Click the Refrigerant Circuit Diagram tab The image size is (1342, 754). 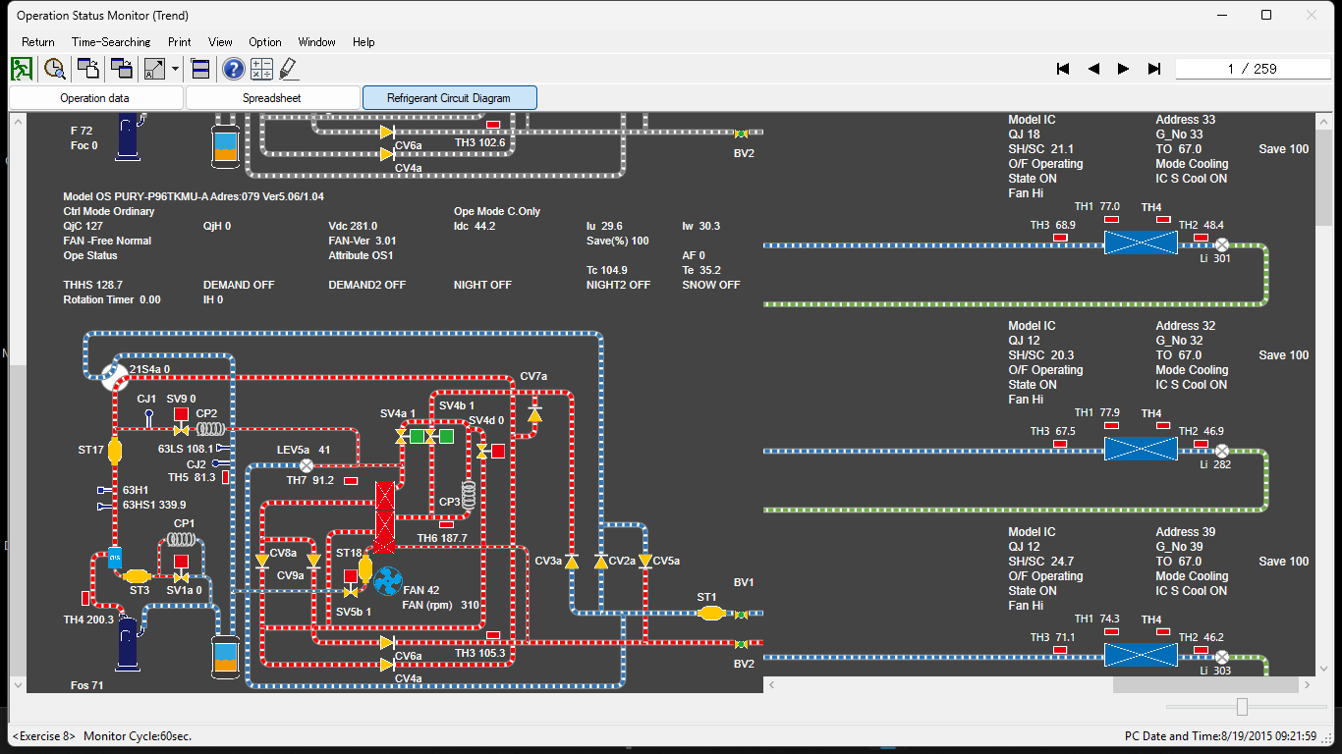(449, 98)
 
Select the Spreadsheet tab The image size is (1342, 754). (272, 98)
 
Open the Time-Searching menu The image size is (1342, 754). (111, 42)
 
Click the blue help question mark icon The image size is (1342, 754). (233, 69)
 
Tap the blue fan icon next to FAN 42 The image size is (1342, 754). (388, 581)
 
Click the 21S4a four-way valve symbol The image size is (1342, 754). (115, 376)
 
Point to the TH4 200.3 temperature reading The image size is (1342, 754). (87, 619)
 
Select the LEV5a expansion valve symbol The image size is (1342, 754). (306, 465)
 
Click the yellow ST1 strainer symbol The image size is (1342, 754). (710, 614)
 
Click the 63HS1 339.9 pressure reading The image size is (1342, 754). (153, 505)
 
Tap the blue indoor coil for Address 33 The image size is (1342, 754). (1140, 243)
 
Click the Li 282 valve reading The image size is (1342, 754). (1214, 464)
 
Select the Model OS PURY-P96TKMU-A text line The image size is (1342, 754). (193, 196)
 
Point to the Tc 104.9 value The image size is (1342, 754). (606, 270)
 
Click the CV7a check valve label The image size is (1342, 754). (533, 377)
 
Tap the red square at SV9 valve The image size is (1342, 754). (181, 414)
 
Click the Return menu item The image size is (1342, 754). (38, 42)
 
